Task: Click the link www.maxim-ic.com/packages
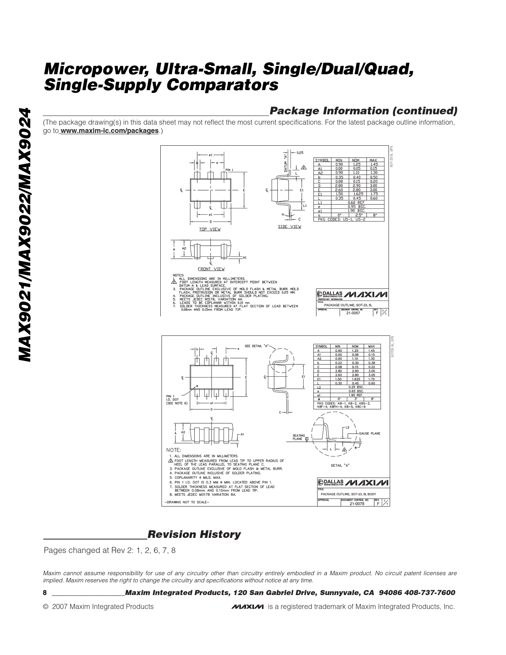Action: (x=110, y=131)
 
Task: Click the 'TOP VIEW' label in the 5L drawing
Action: (x=210, y=229)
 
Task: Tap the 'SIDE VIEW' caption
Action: (x=289, y=227)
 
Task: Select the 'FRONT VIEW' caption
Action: (x=211, y=269)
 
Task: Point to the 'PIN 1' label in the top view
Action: (x=229, y=170)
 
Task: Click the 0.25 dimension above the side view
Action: (x=300, y=152)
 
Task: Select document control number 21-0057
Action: (x=353, y=313)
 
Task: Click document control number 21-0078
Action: (x=356, y=504)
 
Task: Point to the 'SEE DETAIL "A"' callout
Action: (x=256, y=346)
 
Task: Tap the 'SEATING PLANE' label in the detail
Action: (x=299, y=437)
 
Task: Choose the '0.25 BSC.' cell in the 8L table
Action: (x=356, y=387)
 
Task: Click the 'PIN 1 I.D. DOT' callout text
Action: (x=174, y=400)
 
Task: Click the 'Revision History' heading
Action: (x=194, y=534)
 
